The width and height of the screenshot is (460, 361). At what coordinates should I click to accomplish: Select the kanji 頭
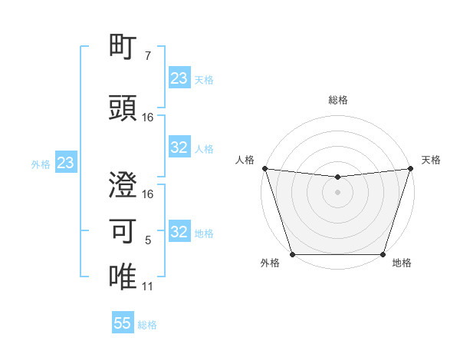point(123,108)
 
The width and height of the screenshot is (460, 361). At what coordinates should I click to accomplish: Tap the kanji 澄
point(123,185)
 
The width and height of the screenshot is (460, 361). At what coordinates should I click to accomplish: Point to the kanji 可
point(123,230)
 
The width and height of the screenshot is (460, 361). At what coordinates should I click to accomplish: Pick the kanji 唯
point(123,276)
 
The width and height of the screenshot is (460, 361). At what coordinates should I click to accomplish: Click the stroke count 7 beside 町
point(147,57)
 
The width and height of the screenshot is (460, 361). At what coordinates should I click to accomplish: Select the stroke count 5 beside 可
point(147,241)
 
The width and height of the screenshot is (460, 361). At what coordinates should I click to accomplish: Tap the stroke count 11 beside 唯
point(147,286)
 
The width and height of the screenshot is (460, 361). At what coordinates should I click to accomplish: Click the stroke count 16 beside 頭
point(148,118)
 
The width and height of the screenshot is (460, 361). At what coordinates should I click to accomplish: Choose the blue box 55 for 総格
point(123,323)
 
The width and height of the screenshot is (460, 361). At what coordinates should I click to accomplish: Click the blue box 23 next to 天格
point(179,78)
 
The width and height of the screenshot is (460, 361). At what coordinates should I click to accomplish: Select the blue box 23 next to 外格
point(65,163)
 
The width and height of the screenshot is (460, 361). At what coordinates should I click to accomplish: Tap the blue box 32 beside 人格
point(179,148)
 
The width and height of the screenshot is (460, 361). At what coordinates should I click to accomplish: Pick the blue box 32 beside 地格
point(179,232)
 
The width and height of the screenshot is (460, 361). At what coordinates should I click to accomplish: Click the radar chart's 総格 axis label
point(337,100)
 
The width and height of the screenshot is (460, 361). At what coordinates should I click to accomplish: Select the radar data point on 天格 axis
point(410,168)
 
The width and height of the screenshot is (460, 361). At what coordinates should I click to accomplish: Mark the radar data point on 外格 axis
point(292,254)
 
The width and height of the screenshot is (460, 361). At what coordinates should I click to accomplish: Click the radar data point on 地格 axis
point(383,254)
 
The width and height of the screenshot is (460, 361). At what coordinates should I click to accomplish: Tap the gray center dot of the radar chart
point(337,192)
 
